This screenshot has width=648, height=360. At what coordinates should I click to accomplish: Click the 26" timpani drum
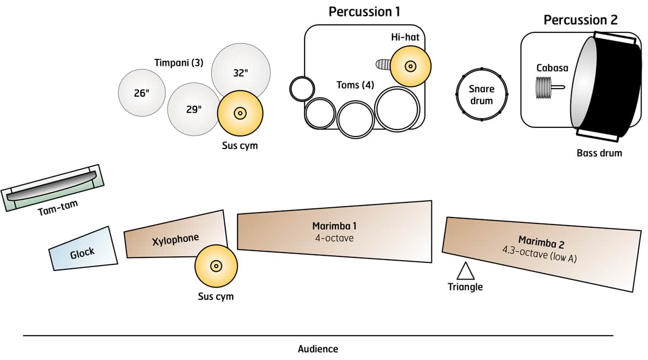click(x=141, y=93)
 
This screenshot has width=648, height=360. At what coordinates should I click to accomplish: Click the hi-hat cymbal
click(x=410, y=66)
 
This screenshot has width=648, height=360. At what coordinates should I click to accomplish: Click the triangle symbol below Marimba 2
click(x=465, y=270)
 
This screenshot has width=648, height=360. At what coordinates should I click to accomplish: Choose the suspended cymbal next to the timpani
click(x=240, y=113)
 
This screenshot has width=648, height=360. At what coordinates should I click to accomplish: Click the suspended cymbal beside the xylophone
click(x=216, y=266)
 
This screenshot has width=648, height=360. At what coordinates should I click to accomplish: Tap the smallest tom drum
click(x=302, y=89)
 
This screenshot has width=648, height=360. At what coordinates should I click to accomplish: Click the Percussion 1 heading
click(x=364, y=11)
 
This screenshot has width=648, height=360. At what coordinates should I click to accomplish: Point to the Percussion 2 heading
click(x=580, y=21)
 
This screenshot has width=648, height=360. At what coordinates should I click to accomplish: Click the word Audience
click(x=318, y=349)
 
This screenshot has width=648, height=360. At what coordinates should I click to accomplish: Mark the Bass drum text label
click(x=599, y=153)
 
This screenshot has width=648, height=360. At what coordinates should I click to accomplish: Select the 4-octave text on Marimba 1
click(x=334, y=237)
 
